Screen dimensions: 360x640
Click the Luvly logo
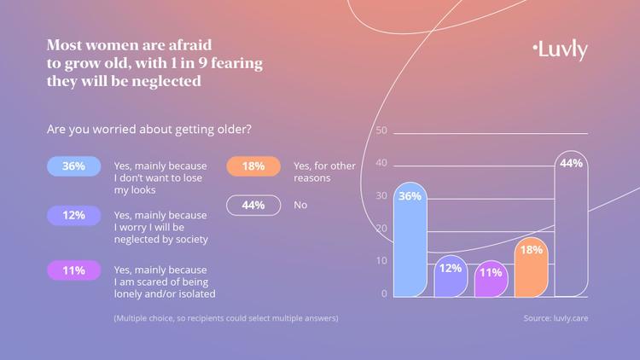[559, 49]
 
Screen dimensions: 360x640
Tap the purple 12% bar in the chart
[451, 276]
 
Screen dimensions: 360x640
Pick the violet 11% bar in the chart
[491, 279]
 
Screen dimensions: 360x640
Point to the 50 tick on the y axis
[381, 131]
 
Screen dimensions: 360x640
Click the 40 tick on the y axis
[381, 163]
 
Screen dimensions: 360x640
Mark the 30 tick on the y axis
[381, 195]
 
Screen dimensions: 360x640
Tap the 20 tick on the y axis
[381, 229]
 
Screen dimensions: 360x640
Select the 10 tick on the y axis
[381, 261]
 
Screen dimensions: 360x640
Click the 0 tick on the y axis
[384, 293]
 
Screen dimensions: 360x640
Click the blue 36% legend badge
[73, 166]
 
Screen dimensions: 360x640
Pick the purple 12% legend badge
[73, 216]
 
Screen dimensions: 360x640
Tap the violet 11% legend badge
[73, 270]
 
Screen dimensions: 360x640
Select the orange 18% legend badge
[253, 166]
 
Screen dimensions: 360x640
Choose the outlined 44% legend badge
[253, 205]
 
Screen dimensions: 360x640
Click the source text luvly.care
[556, 318]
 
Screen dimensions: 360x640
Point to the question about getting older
[149, 130]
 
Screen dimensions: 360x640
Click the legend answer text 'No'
[300, 205]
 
